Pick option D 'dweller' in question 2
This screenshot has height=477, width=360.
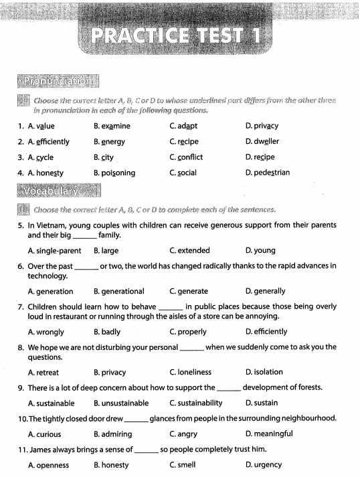(x=262, y=142)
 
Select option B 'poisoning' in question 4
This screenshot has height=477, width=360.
(x=114, y=173)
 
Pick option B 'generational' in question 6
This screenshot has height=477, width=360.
(x=118, y=291)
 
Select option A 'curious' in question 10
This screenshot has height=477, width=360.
(x=50, y=434)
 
